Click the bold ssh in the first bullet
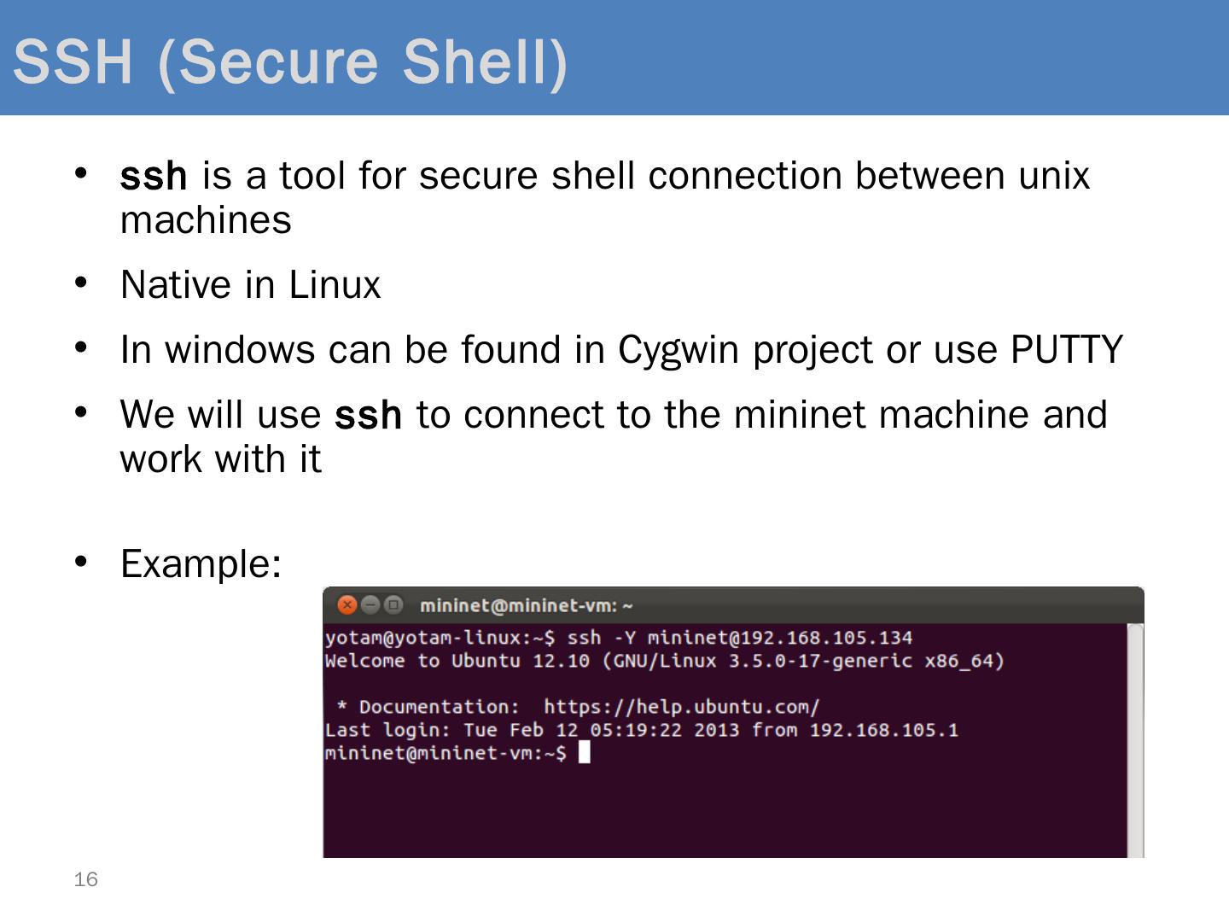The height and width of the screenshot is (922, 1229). (154, 176)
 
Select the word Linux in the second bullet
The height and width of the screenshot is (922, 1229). (335, 284)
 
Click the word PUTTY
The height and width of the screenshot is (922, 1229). (1066, 349)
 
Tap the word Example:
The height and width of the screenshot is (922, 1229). (201, 563)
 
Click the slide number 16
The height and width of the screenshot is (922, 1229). (86, 879)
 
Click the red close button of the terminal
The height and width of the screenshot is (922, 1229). (347, 605)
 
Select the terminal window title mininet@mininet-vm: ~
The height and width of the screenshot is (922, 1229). (526, 606)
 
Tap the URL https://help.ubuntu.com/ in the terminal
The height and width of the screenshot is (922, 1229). (681, 707)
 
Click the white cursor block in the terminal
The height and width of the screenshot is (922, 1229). (585, 753)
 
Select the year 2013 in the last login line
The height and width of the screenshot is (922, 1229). (716, 730)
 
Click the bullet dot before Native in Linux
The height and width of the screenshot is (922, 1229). (81, 282)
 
